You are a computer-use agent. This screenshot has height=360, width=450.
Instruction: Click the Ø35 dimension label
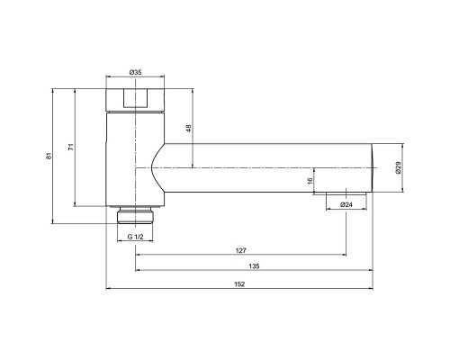[135, 72]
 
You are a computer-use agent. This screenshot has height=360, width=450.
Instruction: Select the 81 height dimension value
[49, 156]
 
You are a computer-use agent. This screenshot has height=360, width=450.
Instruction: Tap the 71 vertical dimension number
[71, 147]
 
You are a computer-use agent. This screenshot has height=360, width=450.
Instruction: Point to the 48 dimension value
[189, 129]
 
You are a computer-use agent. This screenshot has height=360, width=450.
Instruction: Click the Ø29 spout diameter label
[398, 167]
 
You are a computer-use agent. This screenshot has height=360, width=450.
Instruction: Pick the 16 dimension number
[310, 181]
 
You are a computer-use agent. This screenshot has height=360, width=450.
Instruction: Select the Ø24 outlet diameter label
[346, 204]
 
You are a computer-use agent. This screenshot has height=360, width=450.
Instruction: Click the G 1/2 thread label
[136, 237]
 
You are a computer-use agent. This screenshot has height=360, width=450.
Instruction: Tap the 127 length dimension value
[240, 250]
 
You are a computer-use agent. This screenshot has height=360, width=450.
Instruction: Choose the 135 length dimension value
[254, 266]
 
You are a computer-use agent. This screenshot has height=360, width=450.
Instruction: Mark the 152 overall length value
[239, 284]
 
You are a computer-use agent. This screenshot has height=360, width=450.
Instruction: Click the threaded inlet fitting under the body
[136, 215]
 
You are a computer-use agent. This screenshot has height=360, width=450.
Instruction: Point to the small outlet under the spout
[346, 193]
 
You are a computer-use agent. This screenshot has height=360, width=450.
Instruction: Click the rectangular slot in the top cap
[136, 98]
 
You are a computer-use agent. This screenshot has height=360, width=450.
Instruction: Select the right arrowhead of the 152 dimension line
[371, 289]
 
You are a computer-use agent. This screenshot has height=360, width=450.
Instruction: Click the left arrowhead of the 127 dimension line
[138, 255]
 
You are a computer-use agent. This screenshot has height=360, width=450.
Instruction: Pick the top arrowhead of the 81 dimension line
[52, 91]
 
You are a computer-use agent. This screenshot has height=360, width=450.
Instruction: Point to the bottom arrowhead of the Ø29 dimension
[403, 190]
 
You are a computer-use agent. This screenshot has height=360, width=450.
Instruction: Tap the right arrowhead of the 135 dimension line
[371, 270]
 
